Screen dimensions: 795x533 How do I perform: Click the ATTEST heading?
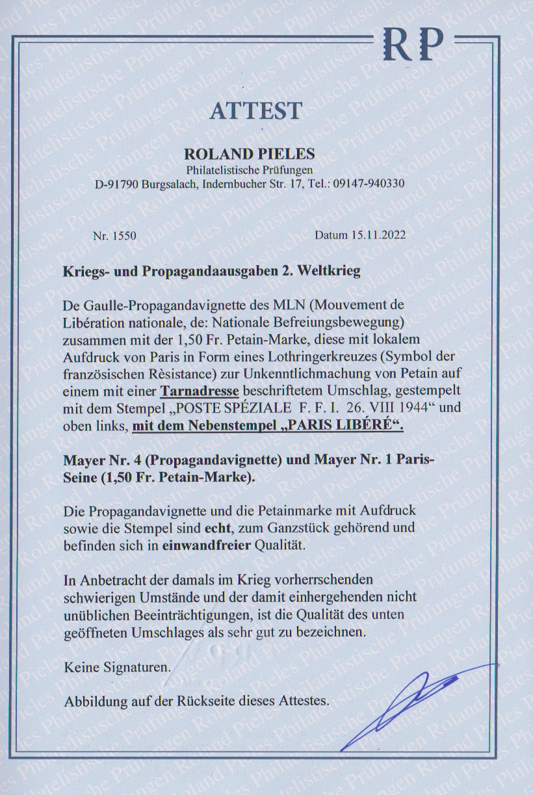point(255,110)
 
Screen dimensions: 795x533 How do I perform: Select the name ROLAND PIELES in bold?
point(250,155)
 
